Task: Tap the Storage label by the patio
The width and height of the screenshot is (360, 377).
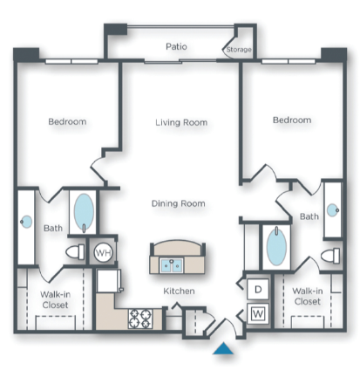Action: [239, 50]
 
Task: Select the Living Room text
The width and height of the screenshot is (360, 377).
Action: [181, 122]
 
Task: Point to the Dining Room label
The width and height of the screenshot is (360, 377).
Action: [179, 203]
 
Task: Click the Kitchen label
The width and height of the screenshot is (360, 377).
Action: [178, 291]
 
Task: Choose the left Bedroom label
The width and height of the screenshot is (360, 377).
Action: [67, 121]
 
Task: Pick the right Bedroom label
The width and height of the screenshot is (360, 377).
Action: [291, 120]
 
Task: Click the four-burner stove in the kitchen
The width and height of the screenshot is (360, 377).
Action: [140, 319]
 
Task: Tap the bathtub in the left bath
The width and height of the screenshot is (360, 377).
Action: [84, 212]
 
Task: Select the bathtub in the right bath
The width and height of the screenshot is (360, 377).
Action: [275, 247]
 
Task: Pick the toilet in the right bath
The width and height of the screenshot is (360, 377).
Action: [329, 256]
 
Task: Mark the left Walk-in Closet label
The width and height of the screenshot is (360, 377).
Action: [55, 299]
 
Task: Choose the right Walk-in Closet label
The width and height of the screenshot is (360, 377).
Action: [306, 296]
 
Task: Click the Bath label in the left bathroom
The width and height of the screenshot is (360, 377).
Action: [51, 229]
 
